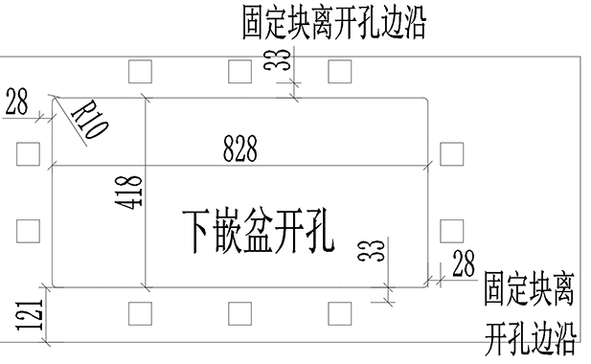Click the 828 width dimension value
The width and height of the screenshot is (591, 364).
pos(239,148)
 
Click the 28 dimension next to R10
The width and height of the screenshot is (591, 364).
pos(16,101)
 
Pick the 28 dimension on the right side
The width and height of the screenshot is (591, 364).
pos(464,265)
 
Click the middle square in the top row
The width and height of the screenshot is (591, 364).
pos(241,70)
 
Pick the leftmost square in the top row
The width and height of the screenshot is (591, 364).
pos(140,70)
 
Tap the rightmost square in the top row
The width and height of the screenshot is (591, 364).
pos(340,70)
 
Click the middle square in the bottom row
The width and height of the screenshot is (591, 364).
pos(241,312)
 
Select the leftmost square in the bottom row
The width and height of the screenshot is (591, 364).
pos(140,312)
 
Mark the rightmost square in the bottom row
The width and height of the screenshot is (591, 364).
pos(340,312)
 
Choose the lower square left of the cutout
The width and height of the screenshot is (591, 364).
pos(28,230)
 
